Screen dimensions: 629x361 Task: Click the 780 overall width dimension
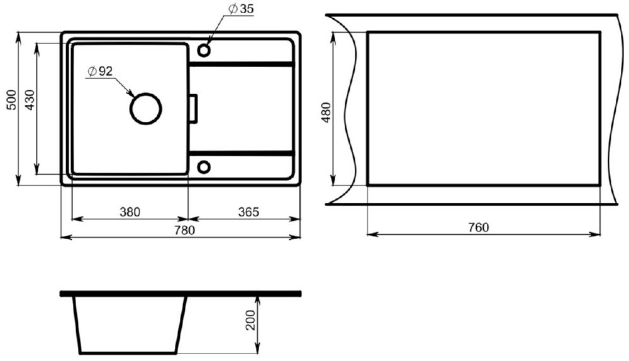[x=184, y=230]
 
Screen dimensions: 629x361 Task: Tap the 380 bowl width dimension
[x=130, y=212]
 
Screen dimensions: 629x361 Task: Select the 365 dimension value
[x=248, y=212]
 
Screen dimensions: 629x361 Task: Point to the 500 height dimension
[x=12, y=100]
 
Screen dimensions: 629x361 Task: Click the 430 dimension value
[x=30, y=100]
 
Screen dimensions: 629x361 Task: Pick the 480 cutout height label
[x=326, y=112]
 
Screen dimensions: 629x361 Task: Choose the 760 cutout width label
[x=479, y=227]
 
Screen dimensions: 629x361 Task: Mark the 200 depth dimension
[x=251, y=320]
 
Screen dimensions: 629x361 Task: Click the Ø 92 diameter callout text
[x=100, y=71]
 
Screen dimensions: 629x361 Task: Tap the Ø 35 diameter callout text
[x=241, y=9]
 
